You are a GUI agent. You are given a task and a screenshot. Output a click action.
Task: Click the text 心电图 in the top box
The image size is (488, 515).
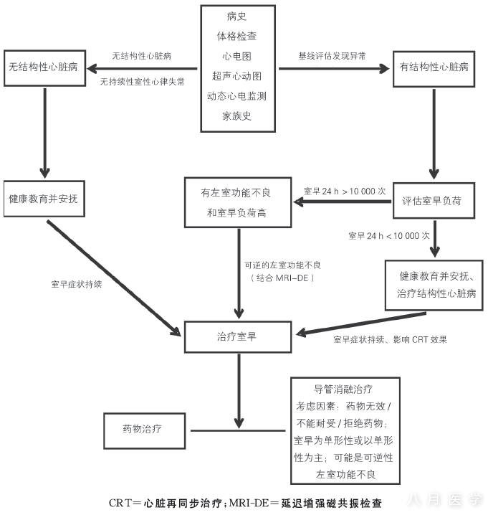coord(236,56)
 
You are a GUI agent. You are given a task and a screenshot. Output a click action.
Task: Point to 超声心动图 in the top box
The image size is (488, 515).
coord(236,76)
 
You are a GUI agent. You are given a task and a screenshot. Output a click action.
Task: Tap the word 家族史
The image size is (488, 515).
coord(236,116)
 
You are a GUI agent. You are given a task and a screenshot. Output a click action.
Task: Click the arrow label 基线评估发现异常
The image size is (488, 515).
coord(332,56)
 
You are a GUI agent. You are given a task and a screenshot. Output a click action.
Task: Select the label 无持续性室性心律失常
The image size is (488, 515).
coord(142,82)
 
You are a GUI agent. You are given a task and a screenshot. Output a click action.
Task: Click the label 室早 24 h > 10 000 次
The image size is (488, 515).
coord(345,192)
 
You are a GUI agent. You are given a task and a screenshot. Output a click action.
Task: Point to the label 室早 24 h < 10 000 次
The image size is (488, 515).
coord(389,235)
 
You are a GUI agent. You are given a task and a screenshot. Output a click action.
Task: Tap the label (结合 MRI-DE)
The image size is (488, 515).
coord(282,278)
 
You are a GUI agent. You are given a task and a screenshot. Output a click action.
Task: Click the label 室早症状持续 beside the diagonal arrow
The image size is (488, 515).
coord(77,284)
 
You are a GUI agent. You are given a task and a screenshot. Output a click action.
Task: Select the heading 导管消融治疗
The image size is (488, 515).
coord(343,389)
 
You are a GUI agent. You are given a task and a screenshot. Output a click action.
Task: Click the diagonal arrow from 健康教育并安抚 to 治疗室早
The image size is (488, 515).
coord(114,278)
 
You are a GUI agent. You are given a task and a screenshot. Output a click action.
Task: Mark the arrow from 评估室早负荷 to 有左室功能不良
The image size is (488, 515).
coord(342,202)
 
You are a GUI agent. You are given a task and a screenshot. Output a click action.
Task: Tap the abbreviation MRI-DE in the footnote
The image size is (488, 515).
coord(249,503)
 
